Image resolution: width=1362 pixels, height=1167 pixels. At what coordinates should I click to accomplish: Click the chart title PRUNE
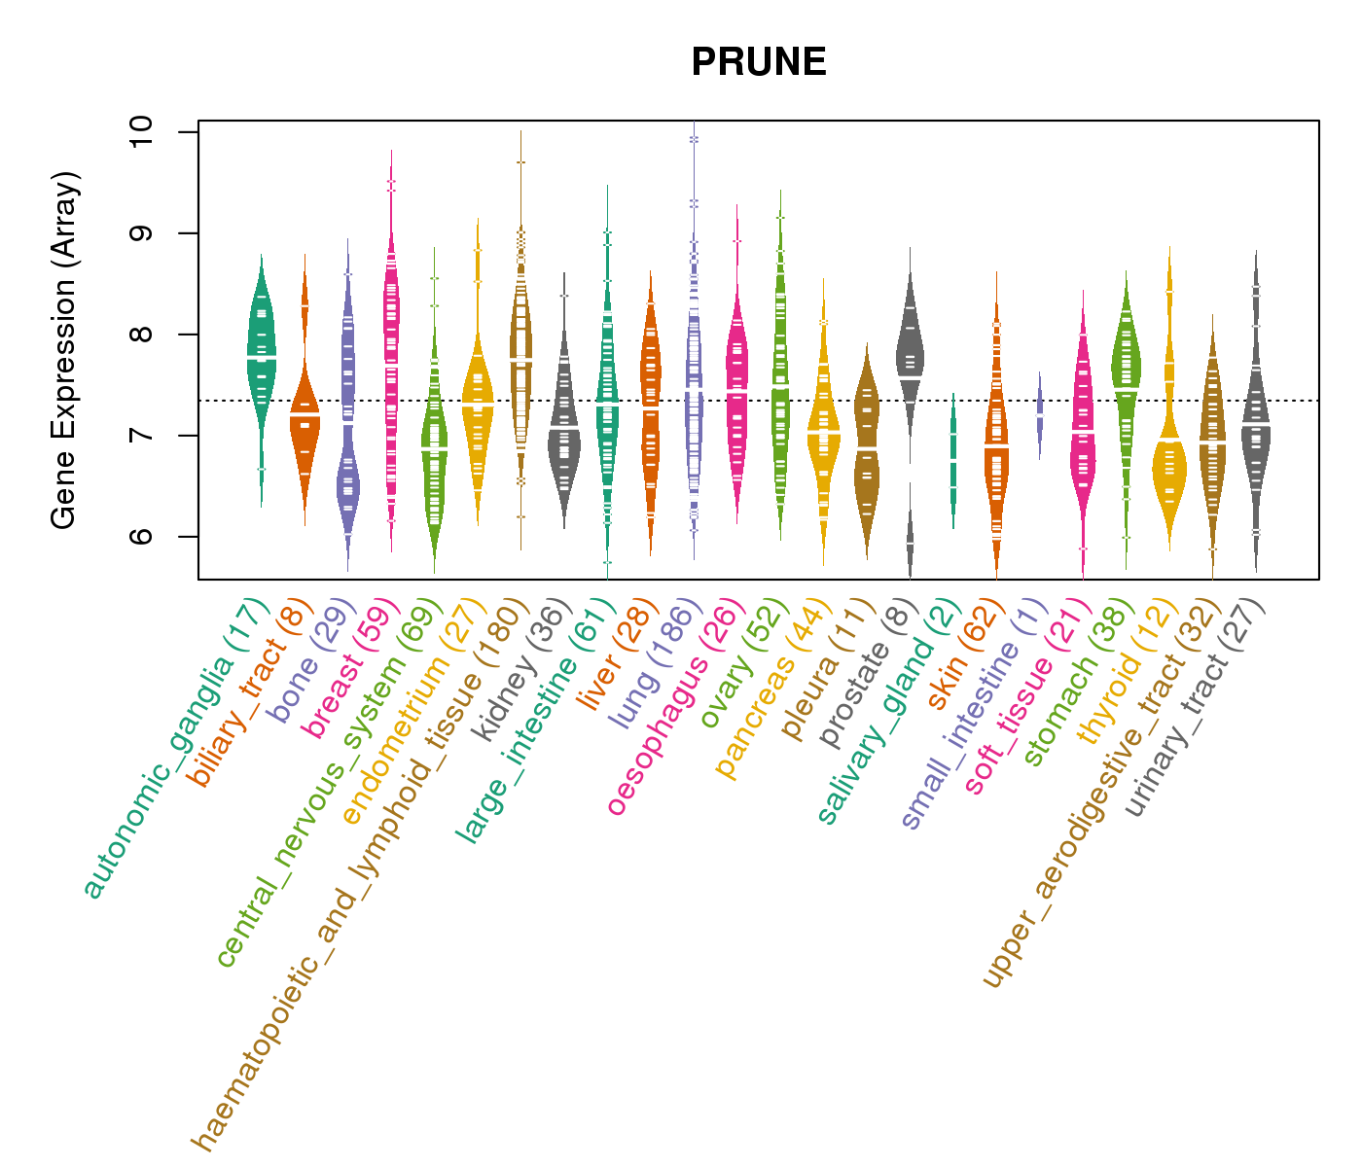pyautogui.click(x=759, y=63)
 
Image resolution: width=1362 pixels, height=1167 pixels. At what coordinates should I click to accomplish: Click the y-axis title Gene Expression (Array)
pyautogui.click(x=64, y=350)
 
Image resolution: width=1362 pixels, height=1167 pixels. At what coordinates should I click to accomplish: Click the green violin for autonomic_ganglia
pyautogui.click(x=261, y=360)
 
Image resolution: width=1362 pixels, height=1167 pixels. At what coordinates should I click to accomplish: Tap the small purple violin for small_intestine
pyautogui.click(x=1039, y=413)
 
